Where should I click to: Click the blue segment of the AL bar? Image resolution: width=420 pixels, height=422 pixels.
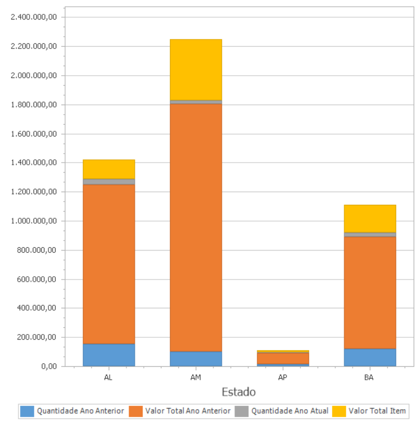109,355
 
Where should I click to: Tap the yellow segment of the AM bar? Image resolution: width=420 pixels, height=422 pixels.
196,70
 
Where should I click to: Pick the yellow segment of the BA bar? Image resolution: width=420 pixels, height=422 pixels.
370,218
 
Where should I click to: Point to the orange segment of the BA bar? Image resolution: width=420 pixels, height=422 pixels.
370,292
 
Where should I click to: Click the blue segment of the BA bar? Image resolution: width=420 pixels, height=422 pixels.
370,357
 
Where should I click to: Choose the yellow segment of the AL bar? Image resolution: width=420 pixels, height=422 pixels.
109,169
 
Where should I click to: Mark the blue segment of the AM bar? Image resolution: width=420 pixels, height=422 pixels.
196,359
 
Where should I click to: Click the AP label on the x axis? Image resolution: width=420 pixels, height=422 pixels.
282,377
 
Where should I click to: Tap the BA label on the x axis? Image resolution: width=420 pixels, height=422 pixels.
369,377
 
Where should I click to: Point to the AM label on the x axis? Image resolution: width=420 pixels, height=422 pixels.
196,377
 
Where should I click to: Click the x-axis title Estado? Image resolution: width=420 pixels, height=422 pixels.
238,392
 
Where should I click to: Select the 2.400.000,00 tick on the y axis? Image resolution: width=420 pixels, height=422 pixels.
34,17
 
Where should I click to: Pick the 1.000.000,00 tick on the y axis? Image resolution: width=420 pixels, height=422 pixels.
34,221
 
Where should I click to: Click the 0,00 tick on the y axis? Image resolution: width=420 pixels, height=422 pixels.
48,366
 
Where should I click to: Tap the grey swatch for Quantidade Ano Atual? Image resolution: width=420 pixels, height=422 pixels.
242,411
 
